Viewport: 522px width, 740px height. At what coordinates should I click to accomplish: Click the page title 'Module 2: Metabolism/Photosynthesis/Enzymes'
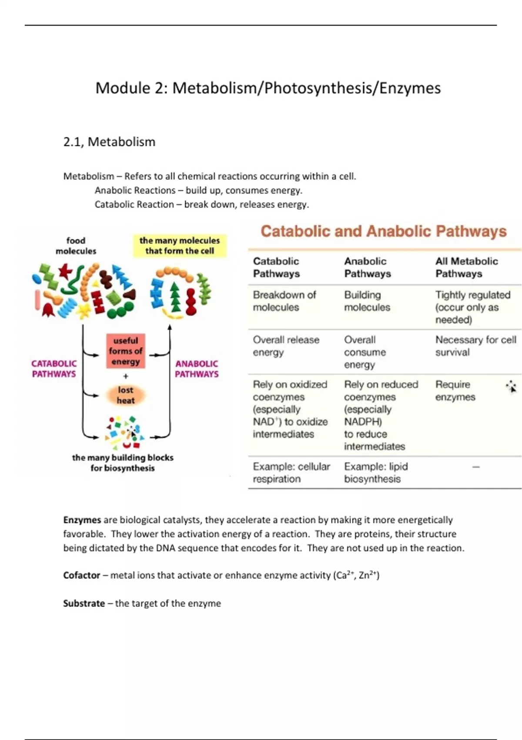pyautogui.click(x=268, y=88)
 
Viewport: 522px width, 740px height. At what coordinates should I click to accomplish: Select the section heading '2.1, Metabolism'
pyautogui.click(x=109, y=142)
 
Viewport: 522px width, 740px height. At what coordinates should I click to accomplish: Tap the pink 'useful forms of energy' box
pyautogui.click(x=125, y=351)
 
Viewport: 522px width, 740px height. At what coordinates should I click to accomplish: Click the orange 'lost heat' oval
pyautogui.click(x=125, y=395)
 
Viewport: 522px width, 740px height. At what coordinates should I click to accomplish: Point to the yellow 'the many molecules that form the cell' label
pyautogui.click(x=180, y=246)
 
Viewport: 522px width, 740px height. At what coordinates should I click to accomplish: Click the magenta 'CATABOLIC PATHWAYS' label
pyautogui.click(x=54, y=369)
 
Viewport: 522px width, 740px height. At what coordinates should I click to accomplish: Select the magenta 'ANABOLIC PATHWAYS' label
pyautogui.click(x=197, y=369)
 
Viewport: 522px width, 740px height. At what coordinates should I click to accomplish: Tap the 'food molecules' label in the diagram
pyautogui.click(x=76, y=246)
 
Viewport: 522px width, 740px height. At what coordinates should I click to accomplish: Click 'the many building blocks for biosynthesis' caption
pyautogui.click(x=123, y=463)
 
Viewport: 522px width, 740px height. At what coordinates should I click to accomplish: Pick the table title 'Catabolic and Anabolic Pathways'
pyautogui.click(x=384, y=231)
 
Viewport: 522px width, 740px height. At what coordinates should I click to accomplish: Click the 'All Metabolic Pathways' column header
pyautogui.click(x=466, y=267)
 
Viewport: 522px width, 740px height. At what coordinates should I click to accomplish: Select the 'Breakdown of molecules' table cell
pyautogui.click(x=284, y=301)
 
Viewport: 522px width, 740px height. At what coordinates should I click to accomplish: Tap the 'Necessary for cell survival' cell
pyautogui.click(x=476, y=346)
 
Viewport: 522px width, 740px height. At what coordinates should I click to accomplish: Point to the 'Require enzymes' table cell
pyautogui.click(x=455, y=390)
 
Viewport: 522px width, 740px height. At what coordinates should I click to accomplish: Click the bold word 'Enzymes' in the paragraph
pyautogui.click(x=82, y=520)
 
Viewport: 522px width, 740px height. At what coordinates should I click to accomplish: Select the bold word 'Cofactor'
pyautogui.click(x=81, y=575)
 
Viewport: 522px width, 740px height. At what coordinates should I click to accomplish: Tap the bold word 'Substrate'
pyautogui.click(x=84, y=603)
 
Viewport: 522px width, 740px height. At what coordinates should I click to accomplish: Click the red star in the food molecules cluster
pyautogui.click(x=66, y=271)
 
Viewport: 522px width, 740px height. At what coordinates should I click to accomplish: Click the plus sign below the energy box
pyautogui.click(x=125, y=376)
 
